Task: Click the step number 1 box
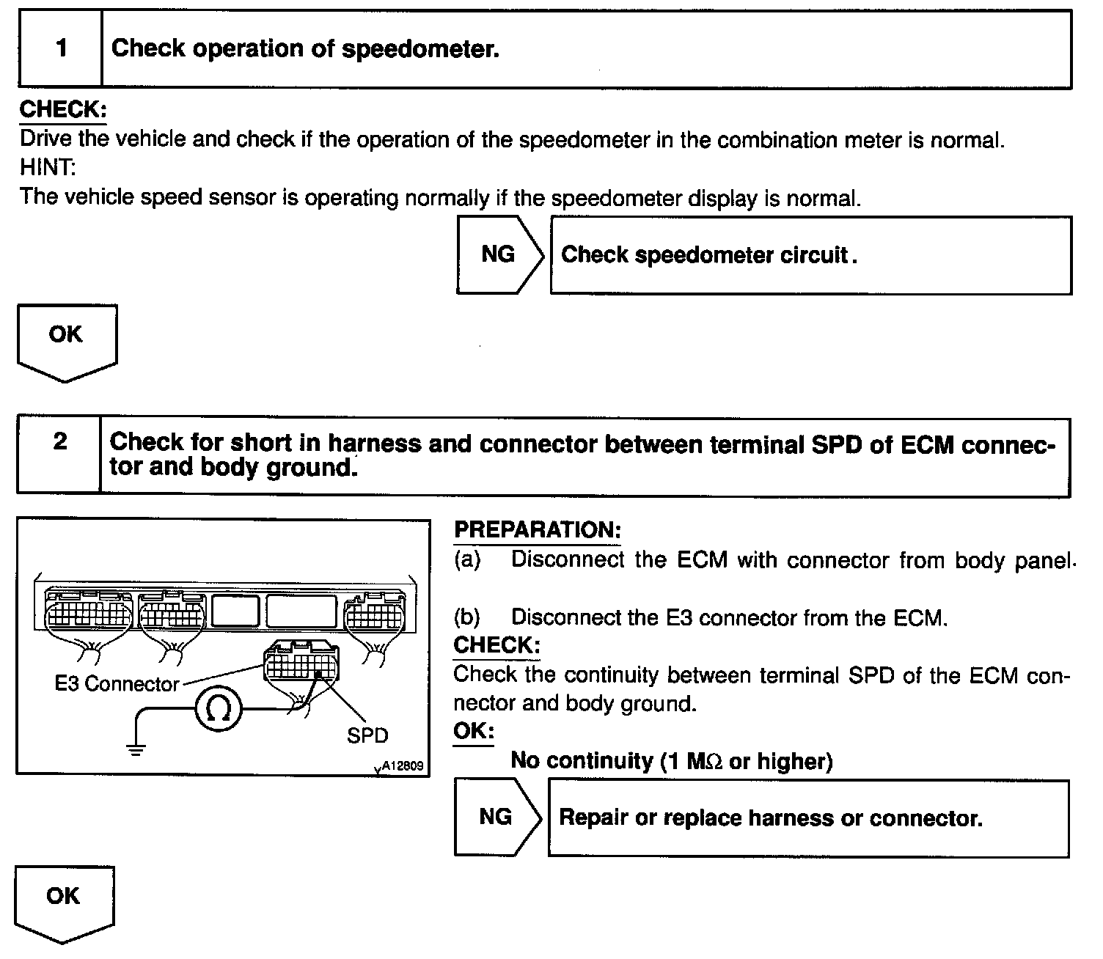[61, 49]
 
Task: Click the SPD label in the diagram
[367, 735]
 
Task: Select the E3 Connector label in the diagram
[117, 684]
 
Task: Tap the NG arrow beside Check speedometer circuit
[499, 254]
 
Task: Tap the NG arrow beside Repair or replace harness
[496, 817]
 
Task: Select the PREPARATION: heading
[538, 530]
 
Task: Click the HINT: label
[48, 168]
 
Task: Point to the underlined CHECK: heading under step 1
[63, 109]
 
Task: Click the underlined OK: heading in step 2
[473, 732]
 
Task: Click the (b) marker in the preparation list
[466, 617]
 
